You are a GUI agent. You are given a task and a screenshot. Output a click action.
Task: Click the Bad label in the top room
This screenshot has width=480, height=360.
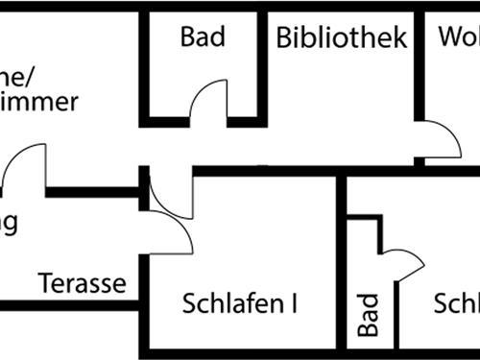203,37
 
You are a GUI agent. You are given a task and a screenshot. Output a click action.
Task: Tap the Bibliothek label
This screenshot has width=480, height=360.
342,38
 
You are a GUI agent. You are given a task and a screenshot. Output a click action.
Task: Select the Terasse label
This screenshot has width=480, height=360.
83,283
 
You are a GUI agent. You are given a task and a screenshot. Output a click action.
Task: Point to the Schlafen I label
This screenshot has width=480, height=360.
239,304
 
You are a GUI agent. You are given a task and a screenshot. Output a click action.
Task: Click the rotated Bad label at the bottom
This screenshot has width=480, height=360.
368,315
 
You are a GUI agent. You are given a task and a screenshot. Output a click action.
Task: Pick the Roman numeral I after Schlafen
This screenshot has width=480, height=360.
293,304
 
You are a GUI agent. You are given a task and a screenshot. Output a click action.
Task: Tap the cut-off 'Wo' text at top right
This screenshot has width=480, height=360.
459,38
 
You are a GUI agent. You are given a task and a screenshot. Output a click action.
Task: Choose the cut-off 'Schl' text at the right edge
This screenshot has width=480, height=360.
457,304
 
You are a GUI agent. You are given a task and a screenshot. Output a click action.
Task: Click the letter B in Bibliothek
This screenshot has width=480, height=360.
285,38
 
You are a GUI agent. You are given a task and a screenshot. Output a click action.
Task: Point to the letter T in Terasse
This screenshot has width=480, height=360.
45,283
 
